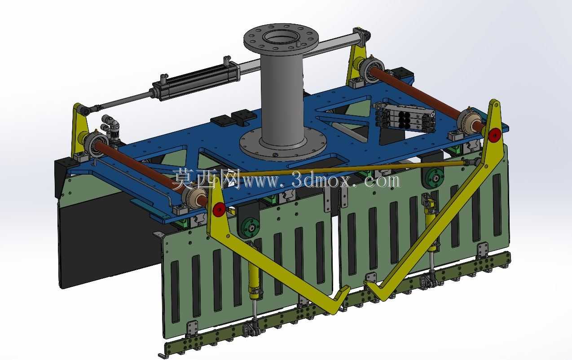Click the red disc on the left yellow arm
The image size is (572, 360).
pyautogui.click(x=219, y=209)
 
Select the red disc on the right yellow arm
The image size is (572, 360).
pyautogui.click(x=495, y=135)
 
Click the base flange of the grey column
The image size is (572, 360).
pyautogui.click(x=283, y=148)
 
